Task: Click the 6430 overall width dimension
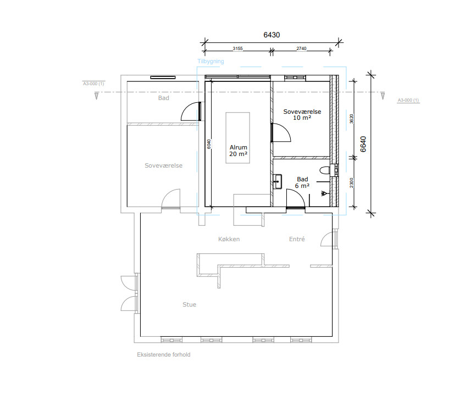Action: tap(271, 35)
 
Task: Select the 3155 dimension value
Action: tap(237, 48)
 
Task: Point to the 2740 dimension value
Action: tap(301, 48)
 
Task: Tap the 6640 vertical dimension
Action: tap(363, 144)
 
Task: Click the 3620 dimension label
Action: tap(352, 119)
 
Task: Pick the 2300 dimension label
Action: tap(352, 183)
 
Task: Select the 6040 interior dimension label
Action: tap(209, 144)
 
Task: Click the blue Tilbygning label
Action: tap(210, 62)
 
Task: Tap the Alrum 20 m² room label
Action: tap(238, 151)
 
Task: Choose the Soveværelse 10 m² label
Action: tap(302, 114)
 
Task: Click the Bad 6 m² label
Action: tap(302, 182)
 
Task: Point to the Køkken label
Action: tap(229, 239)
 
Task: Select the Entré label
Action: tap(297, 239)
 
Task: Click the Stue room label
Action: tap(189, 304)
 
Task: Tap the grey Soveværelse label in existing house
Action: tap(163, 165)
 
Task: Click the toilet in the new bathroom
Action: tap(325, 170)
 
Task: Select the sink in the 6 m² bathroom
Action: tap(277, 182)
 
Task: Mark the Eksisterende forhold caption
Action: tap(164, 354)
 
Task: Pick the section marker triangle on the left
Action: tap(96, 96)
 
